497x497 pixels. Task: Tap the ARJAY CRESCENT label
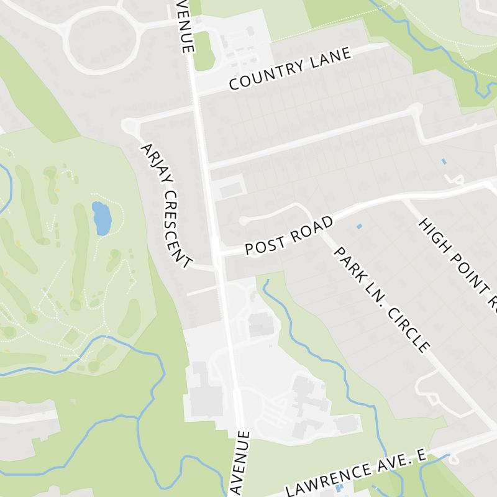pos(166,206)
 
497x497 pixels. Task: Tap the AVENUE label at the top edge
pos(184,25)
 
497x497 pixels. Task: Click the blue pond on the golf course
pos(99,217)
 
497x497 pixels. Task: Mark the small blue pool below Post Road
pos(359,226)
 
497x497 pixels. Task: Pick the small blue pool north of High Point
pos(444,162)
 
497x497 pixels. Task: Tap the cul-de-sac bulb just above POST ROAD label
pos(243,221)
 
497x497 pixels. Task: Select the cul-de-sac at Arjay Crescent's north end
pos(130,125)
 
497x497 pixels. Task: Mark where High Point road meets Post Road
pos(404,201)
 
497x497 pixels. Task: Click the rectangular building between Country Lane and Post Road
pos(229,187)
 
